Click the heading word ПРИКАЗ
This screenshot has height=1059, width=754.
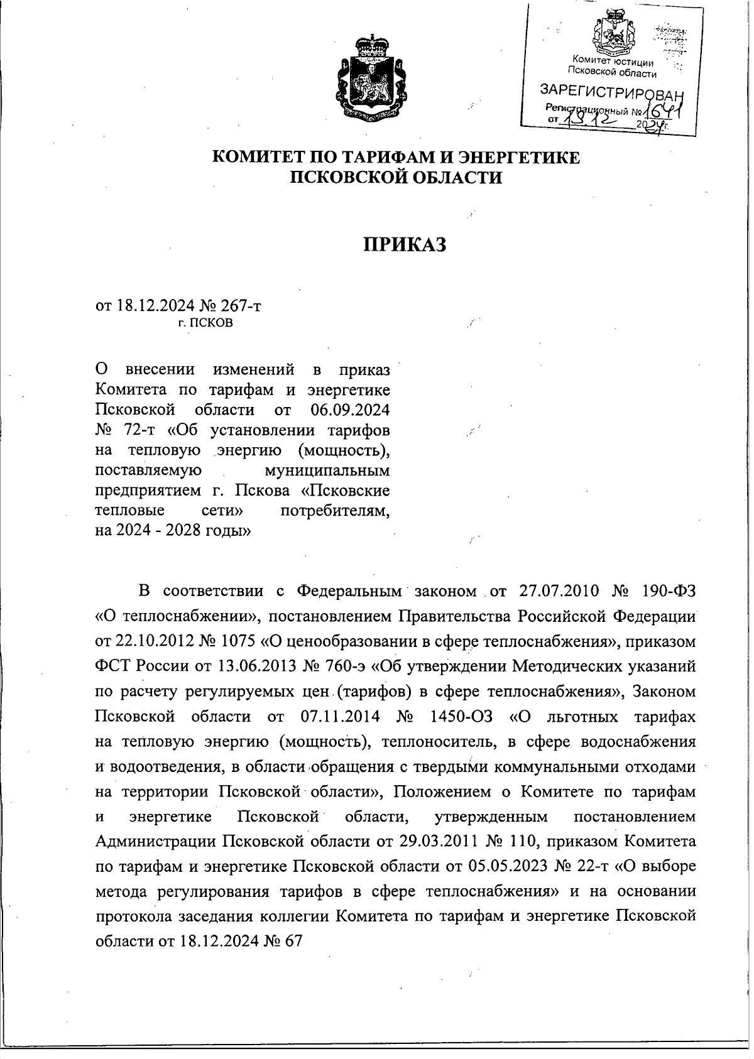click(405, 244)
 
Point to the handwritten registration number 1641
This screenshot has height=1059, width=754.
click(664, 112)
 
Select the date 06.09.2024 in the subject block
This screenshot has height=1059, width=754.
click(350, 410)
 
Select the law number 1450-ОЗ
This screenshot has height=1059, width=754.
click(461, 717)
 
